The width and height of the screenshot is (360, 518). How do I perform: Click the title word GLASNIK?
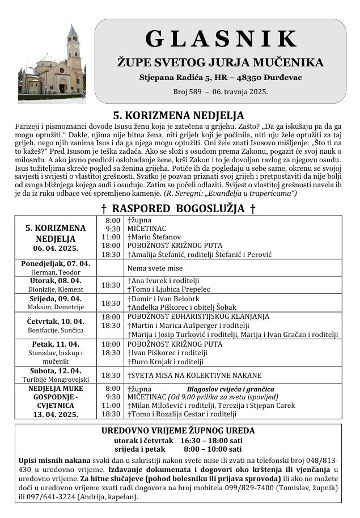click(x=221, y=38)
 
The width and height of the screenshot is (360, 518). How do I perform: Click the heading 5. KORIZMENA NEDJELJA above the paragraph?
click(x=178, y=116)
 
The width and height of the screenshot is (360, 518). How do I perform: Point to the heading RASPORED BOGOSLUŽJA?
click(x=178, y=209)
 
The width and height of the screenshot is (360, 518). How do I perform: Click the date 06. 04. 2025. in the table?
click(x=56, y=249)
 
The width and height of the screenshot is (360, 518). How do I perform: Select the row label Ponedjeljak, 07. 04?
click(x=56, y=264)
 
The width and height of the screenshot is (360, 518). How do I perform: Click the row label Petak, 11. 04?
click(x=56, y=344)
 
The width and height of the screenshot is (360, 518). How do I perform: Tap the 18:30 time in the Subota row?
click(x=111, y=375)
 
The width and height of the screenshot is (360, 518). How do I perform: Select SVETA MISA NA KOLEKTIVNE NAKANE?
click(x=194, y=375)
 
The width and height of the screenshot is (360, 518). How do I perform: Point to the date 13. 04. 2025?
click(x=56, y=415)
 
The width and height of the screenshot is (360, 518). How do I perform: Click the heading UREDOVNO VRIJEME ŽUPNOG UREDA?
click(x=178, y=431)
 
